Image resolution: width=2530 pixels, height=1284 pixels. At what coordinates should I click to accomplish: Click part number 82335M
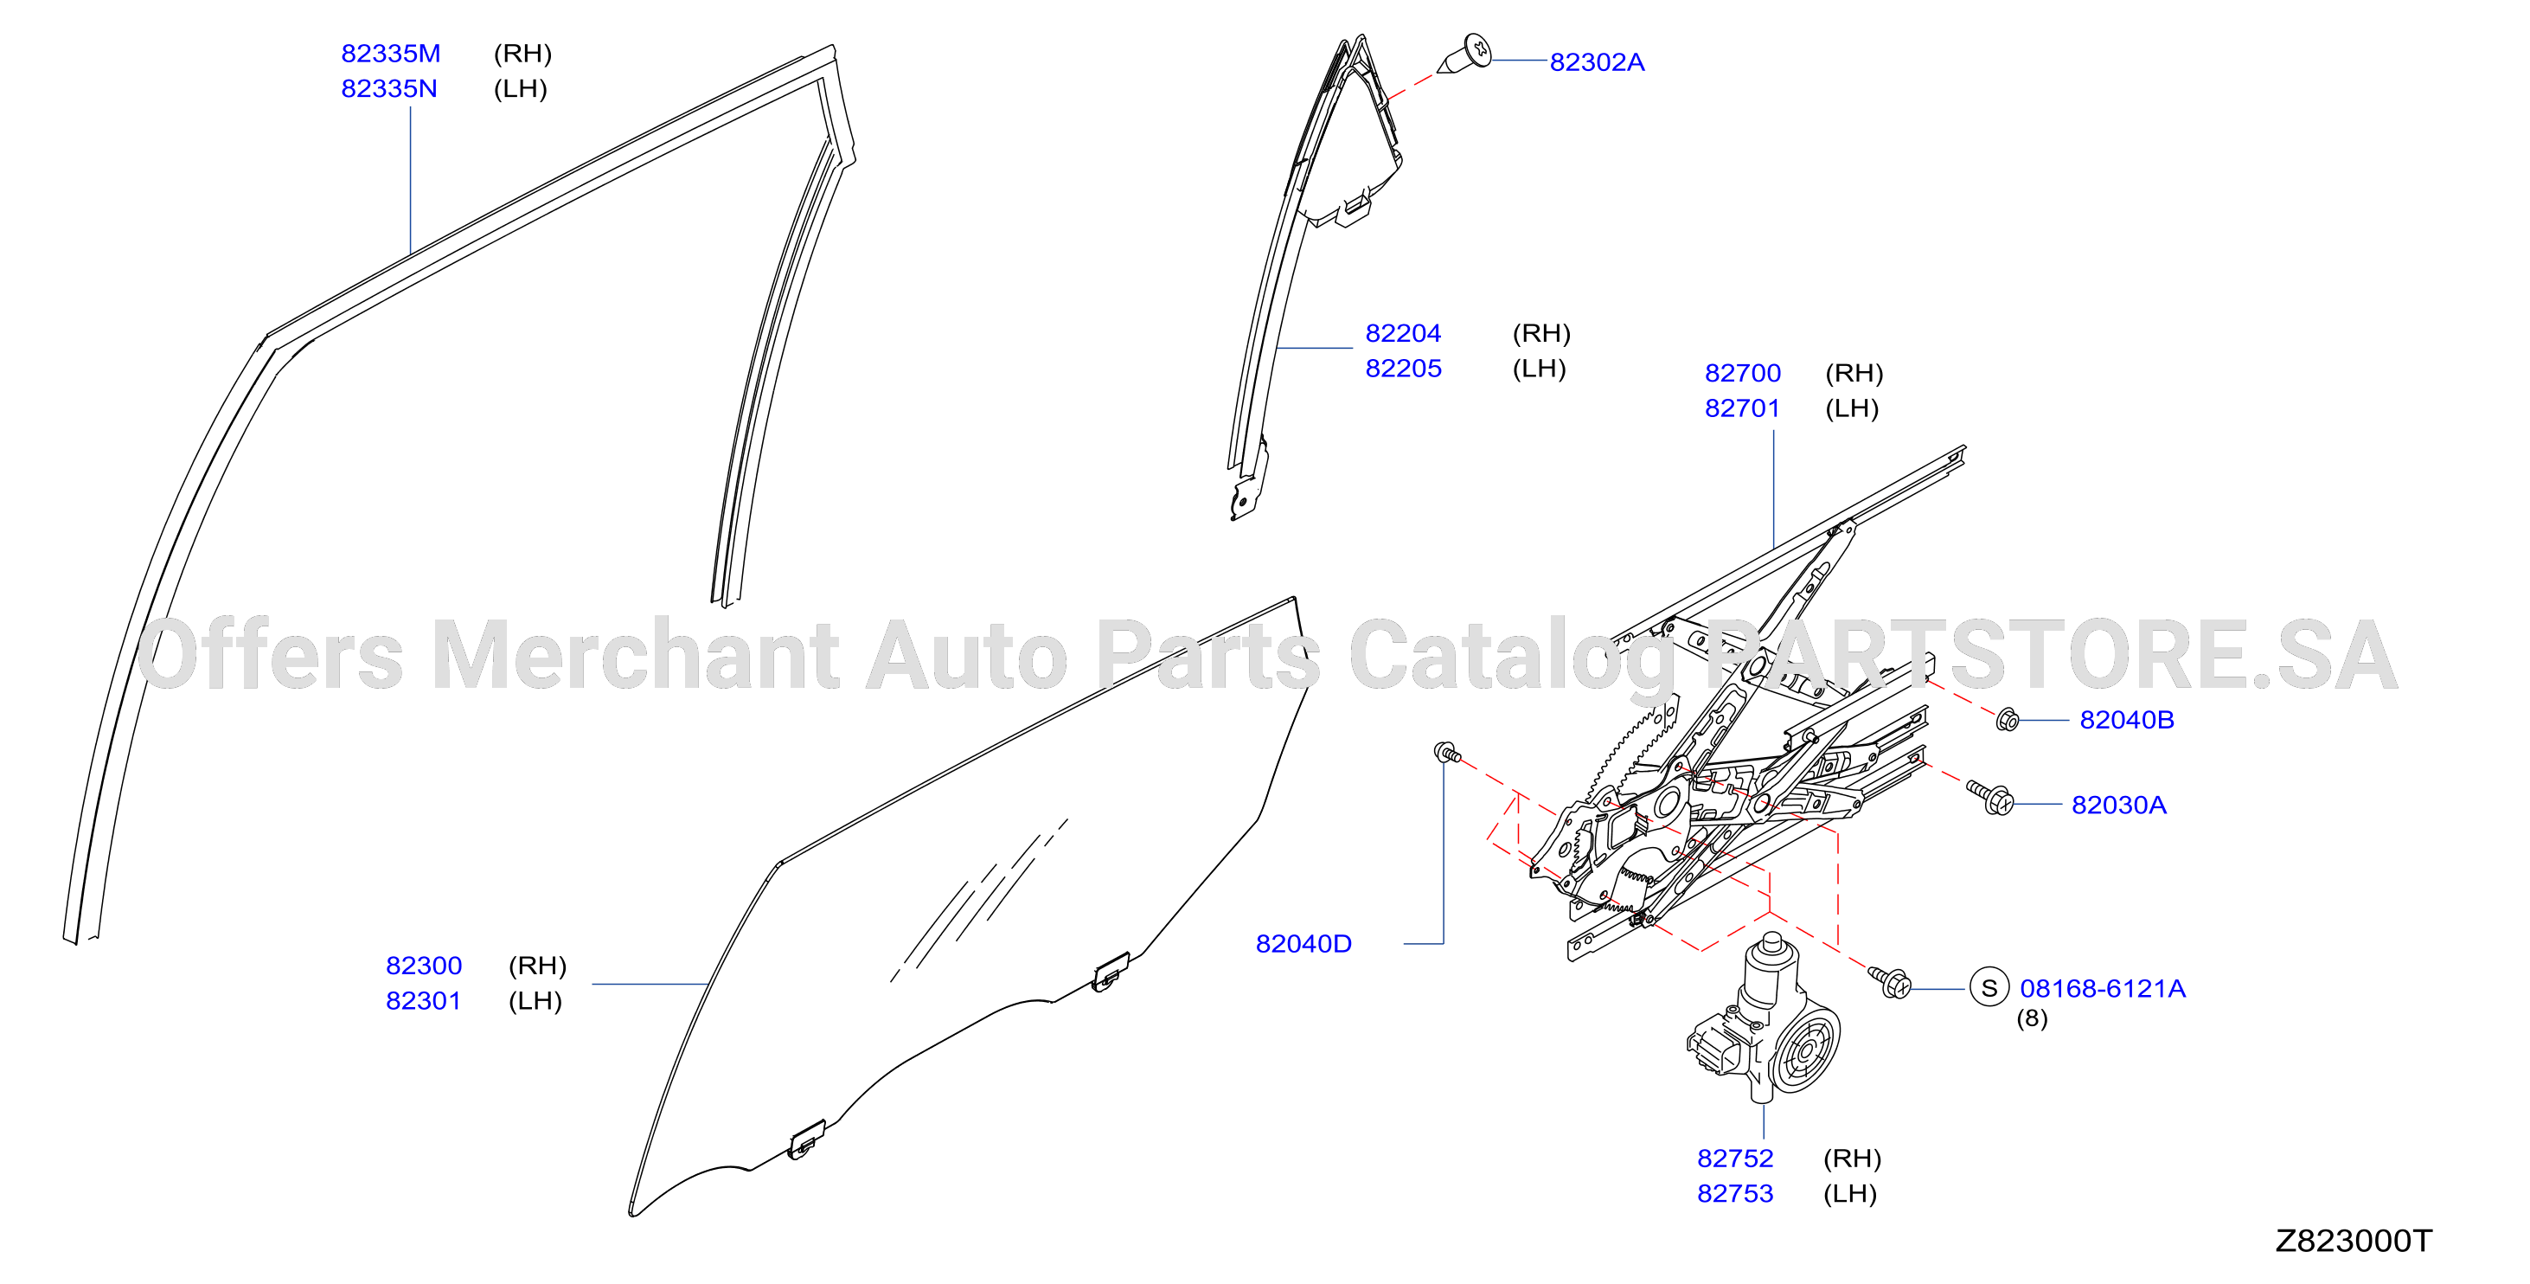pyautogui.click(x=390, y=53)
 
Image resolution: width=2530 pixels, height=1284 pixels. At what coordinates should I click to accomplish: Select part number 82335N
pyautogui.click(x=389, y=88)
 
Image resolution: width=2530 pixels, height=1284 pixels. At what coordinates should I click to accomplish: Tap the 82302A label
pyautogui.click(x=1596, y=62)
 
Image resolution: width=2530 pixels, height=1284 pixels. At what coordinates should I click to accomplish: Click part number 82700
pyautogui.click(x=1742, y=373)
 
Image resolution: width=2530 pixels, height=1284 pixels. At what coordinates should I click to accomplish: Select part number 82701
pyautogui.click(x=1741, y=408)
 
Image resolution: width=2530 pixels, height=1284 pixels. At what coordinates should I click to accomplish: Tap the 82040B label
pyautogui.click(x=2126, y=720)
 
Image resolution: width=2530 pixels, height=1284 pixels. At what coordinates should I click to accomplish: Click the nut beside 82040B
pyautogui.click(x=2008, y=720)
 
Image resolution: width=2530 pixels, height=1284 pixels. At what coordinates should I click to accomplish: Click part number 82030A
pyautogui.click(x=2118, y=805)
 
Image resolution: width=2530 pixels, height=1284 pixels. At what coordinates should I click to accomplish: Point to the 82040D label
pyautogui.click(x=1303, y=944)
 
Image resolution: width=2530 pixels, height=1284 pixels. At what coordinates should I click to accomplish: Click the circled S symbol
pyautogui.click(x=1989, y=987)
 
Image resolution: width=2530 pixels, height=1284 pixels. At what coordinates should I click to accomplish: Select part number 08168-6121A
pyautogui.click(x=2102, y=988)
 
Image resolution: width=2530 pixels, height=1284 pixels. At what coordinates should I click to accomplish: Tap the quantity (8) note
pyautogui.click(x=2032, y=1018)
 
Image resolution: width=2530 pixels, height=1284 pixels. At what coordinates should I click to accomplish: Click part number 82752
pyautogui.click(x=1734, y=1159)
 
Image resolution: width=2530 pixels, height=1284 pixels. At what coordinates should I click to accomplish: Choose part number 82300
pyautogui.click(x=423, y=966)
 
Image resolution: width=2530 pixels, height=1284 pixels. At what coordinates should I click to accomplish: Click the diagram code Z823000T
pyautogui.click(x=2354, y=1241)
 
